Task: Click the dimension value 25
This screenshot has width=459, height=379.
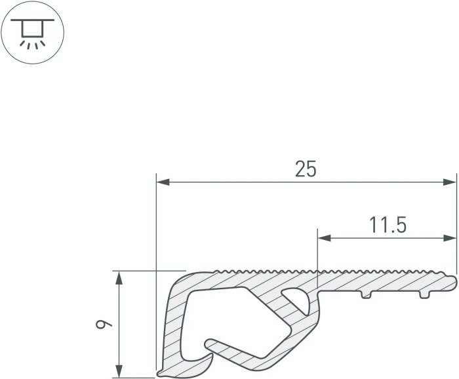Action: coord(306,169)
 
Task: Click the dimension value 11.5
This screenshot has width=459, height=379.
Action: coord(388,225)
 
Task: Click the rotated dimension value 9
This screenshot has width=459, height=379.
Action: coord(104,324)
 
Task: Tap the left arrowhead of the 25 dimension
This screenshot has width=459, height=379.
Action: coord(163,182)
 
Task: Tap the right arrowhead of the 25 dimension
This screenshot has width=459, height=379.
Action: coord(450,182)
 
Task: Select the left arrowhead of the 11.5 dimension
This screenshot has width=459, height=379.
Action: coord(325,238)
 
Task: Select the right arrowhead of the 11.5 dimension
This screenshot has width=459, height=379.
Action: coord(450,238)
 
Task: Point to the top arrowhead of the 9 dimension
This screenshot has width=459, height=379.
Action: coord(119,278)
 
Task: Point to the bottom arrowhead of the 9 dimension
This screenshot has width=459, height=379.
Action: coord(119,371)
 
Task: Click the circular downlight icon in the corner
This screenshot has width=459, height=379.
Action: coord(32,32)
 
